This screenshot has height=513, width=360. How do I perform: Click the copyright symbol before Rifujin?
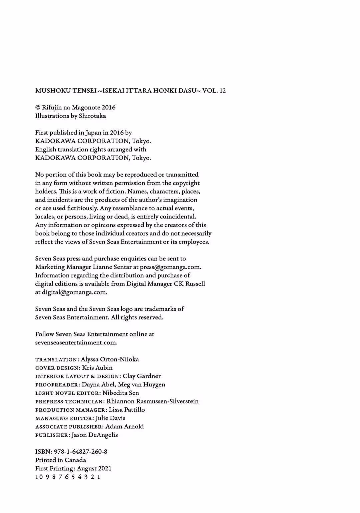pos(38,108)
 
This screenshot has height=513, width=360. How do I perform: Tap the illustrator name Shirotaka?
pos(92,116)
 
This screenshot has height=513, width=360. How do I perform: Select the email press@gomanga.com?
pos(170,267)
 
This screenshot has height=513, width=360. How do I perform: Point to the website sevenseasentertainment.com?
pos(76,342)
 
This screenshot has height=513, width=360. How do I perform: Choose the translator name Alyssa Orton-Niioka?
pos(110,359)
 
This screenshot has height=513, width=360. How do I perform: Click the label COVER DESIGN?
pos(57,368)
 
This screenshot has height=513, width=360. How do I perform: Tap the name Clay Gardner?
pos(142,376)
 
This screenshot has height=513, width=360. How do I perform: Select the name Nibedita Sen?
pos(121,393)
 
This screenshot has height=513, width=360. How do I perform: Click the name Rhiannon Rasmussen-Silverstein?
pos(153,401)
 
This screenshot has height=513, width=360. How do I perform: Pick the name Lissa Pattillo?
pos(127,410)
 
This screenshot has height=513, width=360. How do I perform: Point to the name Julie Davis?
pos(110,418)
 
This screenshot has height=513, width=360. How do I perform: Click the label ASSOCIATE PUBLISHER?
pos(69,427)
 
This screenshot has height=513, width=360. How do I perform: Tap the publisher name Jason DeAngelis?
pos(94,435)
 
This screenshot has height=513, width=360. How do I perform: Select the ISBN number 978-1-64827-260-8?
pos(80,452)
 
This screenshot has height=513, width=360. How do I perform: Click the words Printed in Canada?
pos(61,460)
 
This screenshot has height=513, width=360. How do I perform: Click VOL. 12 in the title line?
pos(214,91)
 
